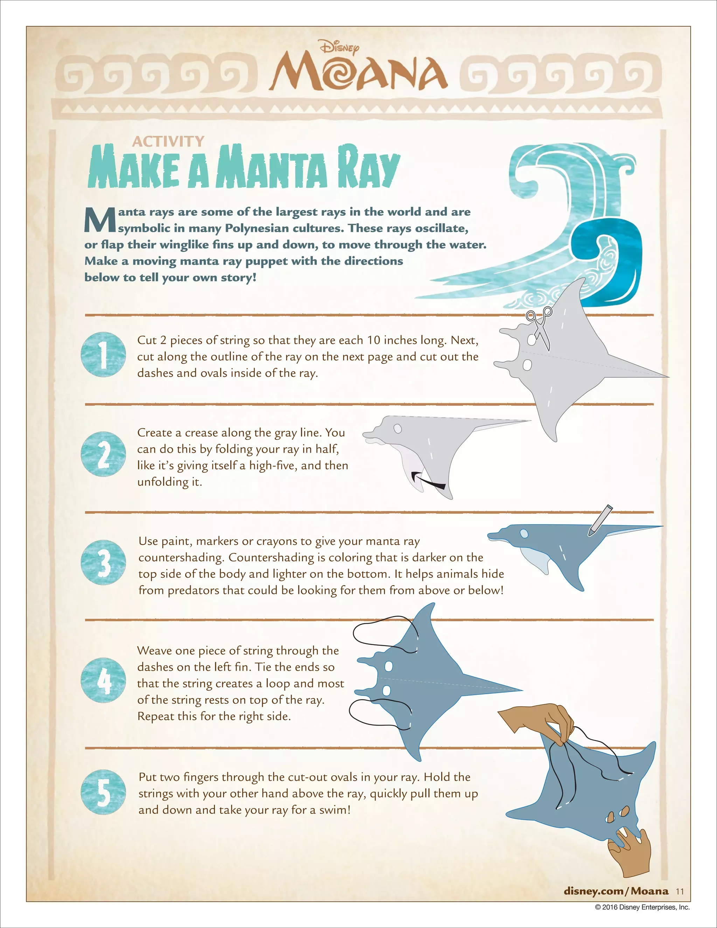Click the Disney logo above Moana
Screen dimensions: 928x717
tap(339, 48)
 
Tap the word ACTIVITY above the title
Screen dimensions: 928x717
tap(168, 141)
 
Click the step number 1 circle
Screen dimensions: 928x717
tap(103, 354)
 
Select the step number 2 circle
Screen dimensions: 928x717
tap(103, 454)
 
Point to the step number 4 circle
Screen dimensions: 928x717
tap(103, 680)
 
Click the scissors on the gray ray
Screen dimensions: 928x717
tap(540, 326)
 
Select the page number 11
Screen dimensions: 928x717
tap(680, 892)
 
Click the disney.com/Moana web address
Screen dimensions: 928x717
tap(616, 891)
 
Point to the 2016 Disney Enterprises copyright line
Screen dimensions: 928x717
tap(642, 907)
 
